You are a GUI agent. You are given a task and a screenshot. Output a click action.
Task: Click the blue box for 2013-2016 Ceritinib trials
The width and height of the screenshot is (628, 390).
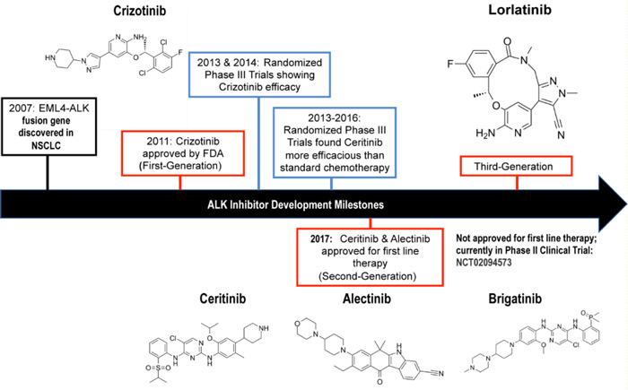tap(332, 134)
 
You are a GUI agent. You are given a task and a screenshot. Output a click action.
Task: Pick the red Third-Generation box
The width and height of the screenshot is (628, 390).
tap(517, 167)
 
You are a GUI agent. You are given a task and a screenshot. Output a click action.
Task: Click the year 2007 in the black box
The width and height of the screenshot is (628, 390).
tap(24, 112)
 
